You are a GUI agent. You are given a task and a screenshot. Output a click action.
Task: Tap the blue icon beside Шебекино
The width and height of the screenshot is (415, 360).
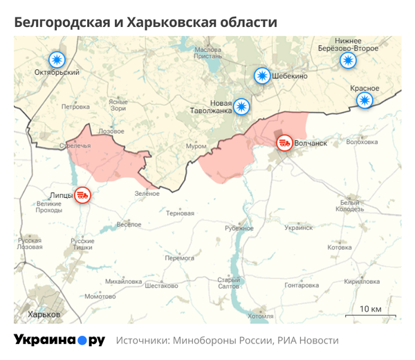click(261, 76)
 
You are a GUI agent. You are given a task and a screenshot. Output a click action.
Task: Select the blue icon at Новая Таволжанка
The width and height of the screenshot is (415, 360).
click(241, 106)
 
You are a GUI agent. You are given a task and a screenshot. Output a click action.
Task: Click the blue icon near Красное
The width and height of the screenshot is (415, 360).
click(364, 101)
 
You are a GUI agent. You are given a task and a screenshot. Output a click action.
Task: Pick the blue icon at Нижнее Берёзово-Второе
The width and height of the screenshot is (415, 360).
click(348, 60)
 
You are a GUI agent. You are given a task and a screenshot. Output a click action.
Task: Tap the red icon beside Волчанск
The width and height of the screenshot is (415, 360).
click(284, 143)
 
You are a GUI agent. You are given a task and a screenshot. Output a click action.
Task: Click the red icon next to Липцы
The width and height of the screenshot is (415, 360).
click(83, 195)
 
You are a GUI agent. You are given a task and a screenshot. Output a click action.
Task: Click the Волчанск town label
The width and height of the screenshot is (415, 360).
click(310, 144)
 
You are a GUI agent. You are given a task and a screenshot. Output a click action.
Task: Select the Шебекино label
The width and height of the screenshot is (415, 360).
click(290, 77)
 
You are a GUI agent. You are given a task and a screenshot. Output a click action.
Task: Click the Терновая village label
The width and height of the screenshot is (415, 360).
click(180, 213)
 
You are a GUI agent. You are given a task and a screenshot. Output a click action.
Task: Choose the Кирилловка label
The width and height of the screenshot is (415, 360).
click(362, 282)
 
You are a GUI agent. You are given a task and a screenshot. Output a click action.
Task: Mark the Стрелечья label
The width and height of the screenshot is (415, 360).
click(75, 145)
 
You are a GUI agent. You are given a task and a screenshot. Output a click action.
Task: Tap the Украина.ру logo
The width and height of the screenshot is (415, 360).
click(59, 340)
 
